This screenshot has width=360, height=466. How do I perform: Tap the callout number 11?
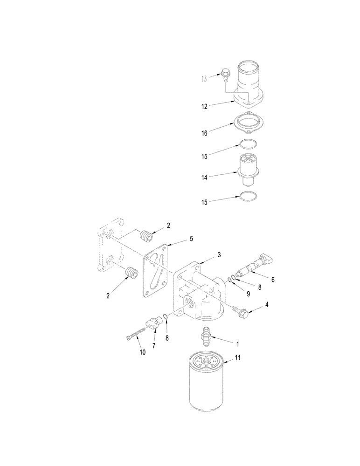click(x=238, y=358)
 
